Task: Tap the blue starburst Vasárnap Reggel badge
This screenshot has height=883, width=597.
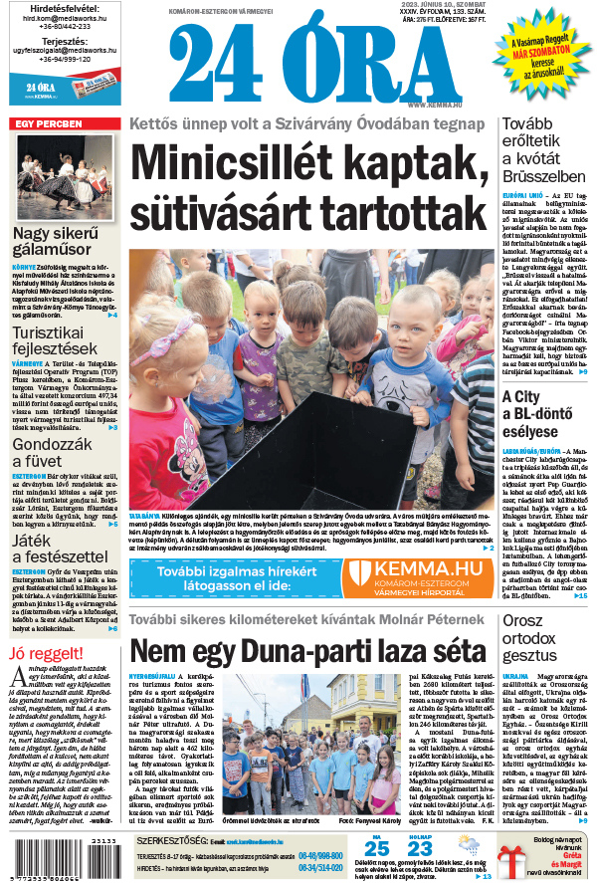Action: [x=538, y=56]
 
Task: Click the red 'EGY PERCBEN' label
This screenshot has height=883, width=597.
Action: [x=46, y=123]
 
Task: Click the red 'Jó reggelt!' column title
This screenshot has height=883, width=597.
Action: [x=44, y=653]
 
